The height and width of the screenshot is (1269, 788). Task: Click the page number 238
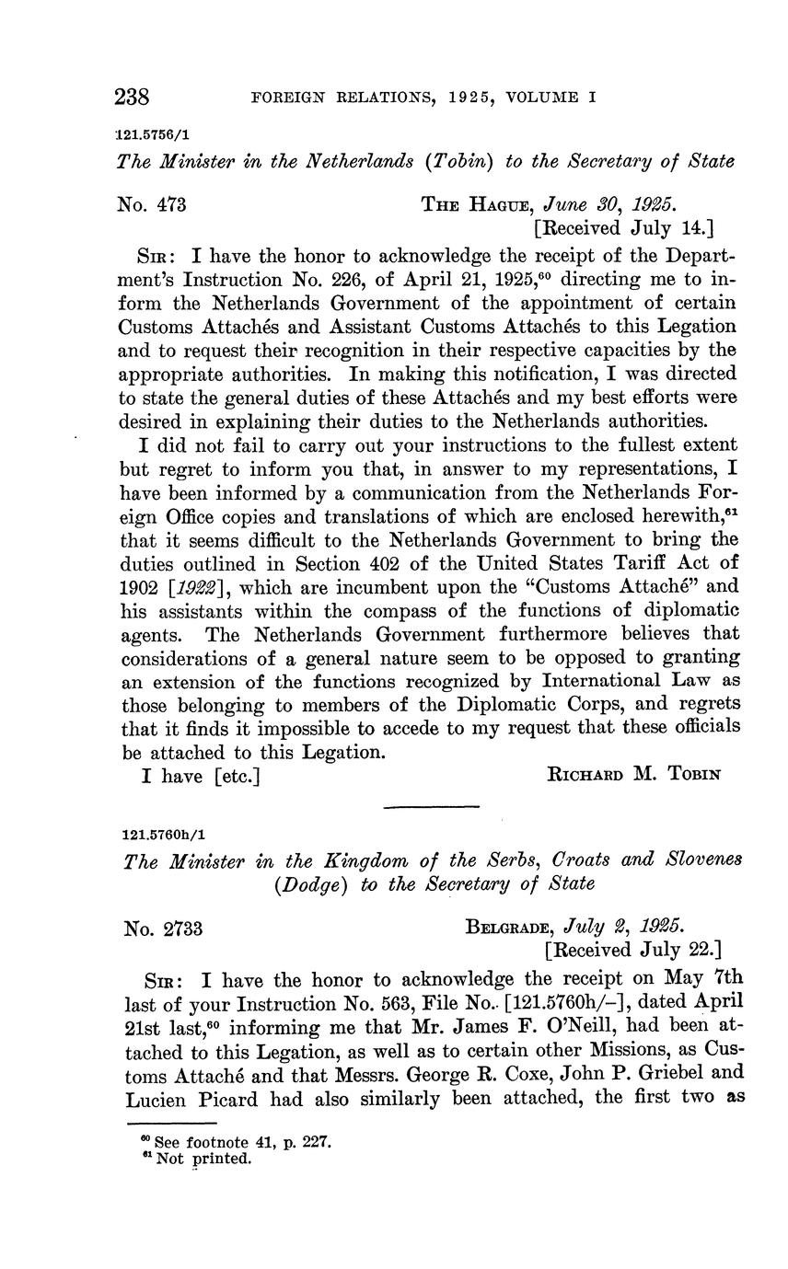133,97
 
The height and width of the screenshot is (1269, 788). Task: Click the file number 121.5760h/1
164,835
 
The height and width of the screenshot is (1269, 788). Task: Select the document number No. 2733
164,929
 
